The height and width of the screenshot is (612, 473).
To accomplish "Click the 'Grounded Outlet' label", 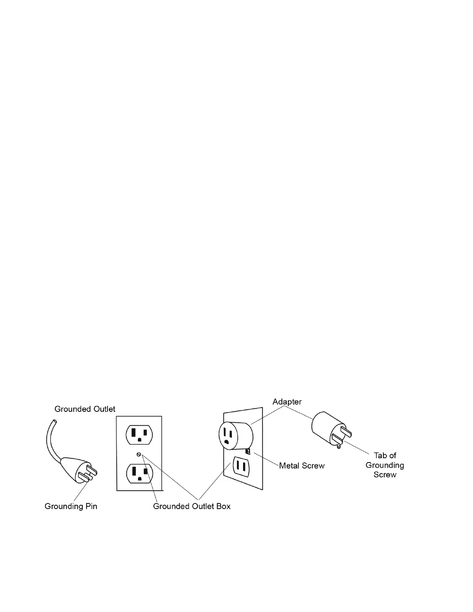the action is tap(85, 409).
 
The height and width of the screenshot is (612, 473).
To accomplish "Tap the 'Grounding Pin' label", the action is tap(71, 506).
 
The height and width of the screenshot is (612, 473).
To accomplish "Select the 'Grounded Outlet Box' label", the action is tap(192, 506).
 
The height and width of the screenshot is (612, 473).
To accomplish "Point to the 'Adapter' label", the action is tap(287, 402).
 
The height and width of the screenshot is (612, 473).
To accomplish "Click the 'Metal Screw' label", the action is tap(302, 466).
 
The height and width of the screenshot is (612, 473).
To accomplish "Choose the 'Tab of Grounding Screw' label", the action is tap(385, 465).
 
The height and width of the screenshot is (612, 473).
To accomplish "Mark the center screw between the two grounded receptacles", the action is tap(139, 454).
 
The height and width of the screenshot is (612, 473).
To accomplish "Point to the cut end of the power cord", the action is tap(54, 421).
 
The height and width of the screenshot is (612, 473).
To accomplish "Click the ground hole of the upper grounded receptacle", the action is tap(140, 440).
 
